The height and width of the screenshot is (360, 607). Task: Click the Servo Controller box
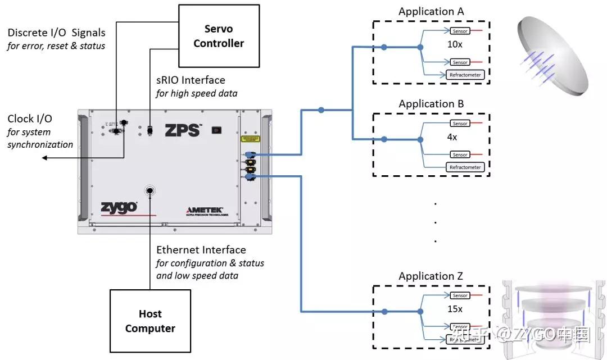point(219,36)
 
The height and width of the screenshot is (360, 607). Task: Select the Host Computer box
point(150,321)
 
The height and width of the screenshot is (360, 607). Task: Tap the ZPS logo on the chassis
point(183,130)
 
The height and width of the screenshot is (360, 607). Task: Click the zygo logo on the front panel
point(119,207)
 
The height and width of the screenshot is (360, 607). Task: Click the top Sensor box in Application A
point(460,30)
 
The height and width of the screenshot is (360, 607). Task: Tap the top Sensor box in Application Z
point(460,295)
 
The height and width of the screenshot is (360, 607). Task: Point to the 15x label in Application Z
point(455,309)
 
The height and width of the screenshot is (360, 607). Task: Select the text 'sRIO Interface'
point(191,80)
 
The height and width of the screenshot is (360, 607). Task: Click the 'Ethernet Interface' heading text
point(201,250)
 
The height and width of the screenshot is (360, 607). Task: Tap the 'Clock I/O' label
point(29,119)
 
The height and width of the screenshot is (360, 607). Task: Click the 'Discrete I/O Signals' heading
point(56,33)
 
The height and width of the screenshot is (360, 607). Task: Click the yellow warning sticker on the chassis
point(250,138)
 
